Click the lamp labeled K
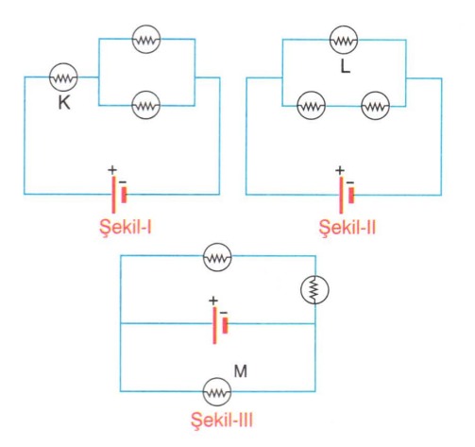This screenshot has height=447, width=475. coord(63,77)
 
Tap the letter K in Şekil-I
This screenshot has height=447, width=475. coord(64,102)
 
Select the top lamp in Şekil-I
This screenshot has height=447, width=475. coord(146,39)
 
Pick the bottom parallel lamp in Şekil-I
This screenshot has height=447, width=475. coord(145,105)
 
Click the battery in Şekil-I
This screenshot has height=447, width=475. coord(119,195)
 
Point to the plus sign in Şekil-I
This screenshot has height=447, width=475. coord(112,170)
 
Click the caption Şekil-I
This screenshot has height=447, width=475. coord(126,227)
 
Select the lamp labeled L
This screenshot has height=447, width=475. coord(344,40)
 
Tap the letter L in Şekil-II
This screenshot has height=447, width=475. coord(346,66)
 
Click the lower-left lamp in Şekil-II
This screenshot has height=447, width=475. coord(312,106)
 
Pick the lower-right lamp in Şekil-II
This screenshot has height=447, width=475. coord(375,106)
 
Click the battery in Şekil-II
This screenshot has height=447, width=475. coord(347,196)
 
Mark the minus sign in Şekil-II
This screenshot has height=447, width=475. coord(350,182)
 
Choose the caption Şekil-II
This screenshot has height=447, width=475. coord(348,227)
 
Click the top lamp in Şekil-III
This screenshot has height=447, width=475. coord(217,257)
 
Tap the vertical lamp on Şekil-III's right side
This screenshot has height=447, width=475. coord(314,289)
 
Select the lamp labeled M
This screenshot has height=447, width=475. coord(217,392)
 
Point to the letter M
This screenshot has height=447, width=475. coord(241,371)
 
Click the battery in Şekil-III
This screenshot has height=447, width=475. coord(220,325)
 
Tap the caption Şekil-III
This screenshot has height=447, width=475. coord(222,420)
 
